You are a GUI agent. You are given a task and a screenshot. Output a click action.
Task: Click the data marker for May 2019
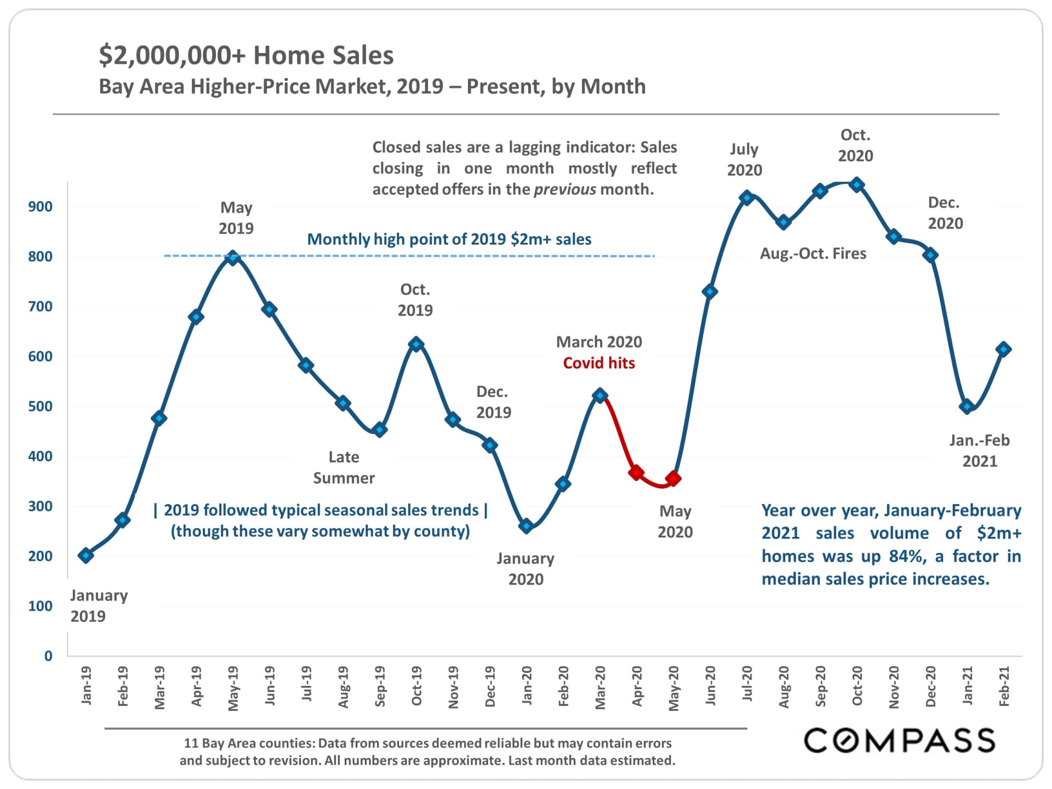233,258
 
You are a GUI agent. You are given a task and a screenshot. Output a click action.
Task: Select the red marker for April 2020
636,472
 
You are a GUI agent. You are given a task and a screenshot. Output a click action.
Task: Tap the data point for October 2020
857,185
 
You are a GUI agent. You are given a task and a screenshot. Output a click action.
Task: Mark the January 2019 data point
85,555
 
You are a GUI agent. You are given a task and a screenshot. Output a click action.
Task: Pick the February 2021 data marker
1003,349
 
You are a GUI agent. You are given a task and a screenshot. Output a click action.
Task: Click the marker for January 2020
526,526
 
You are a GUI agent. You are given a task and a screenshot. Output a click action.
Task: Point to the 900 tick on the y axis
41,207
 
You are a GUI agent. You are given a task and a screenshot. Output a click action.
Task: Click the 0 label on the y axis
48,656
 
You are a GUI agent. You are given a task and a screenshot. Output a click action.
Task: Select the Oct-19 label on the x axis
416,686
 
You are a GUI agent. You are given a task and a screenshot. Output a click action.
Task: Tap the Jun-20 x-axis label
710,686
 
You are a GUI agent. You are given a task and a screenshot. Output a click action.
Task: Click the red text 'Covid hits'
599,363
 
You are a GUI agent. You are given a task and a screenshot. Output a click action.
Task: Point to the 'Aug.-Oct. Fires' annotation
813,254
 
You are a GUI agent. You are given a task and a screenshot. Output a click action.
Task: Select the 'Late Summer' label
344,467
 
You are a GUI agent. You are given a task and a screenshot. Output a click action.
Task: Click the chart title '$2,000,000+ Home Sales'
246,55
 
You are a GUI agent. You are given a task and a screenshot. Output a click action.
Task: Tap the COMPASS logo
899,741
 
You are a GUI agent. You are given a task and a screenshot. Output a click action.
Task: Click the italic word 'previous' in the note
564,190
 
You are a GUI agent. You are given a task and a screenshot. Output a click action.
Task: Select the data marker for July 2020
746,198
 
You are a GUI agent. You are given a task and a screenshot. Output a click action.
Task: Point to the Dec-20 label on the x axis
930,686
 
